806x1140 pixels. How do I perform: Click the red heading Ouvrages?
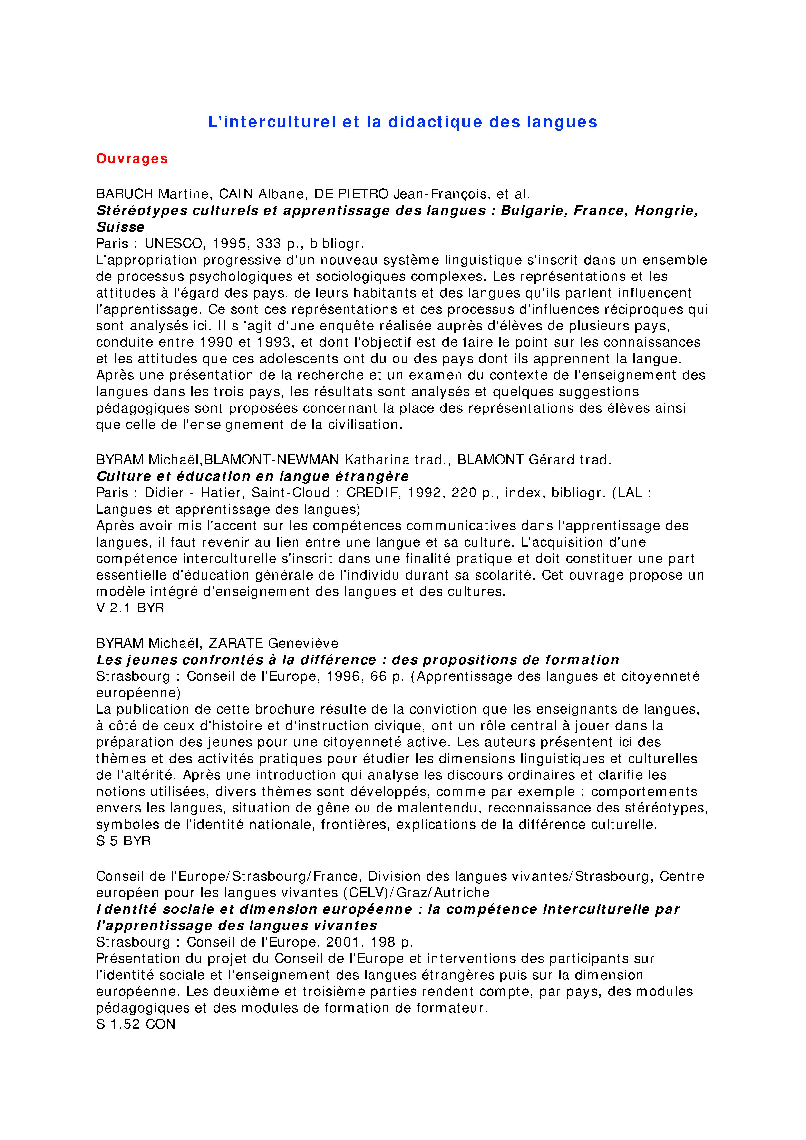coord(132,159)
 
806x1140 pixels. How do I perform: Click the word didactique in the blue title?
coord(435,122)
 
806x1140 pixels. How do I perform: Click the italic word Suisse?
coord(120,227)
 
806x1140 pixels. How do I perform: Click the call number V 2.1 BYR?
coord(130,608)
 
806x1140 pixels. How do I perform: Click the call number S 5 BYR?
coord(123,841)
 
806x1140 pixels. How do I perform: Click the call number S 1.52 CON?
coord(136,1024)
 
